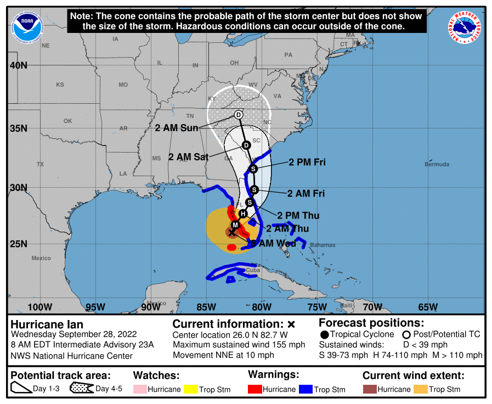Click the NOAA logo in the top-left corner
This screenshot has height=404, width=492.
[x=25, y=25]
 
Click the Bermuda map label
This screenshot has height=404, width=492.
[x=437, y=164]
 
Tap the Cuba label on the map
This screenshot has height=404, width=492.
[x=252, y=270]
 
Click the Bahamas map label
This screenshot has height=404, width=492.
[x=322, y=245]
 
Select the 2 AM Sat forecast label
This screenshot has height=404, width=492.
[x=188, y=157]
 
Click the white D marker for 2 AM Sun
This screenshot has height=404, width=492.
[x=238, y=115]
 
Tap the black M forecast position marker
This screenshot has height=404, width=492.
[x=235, y=225]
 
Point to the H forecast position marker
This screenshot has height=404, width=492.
[x=243, y=214]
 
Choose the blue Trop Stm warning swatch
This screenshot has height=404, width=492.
[x=304, y=389]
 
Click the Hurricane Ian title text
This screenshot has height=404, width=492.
[x=47, y=324]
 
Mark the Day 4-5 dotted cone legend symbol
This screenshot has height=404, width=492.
[x=81, y=389]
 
